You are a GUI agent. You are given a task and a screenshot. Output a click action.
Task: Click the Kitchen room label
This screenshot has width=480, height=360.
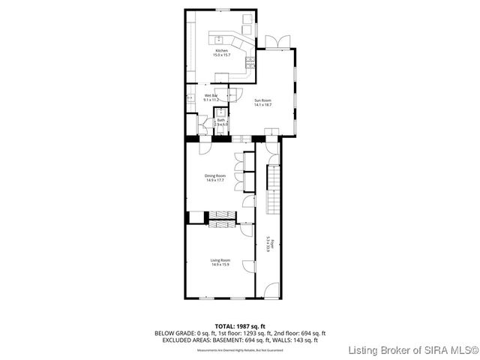coord(221,51)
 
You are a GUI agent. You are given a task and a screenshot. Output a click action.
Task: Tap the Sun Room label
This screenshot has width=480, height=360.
coord(262,100)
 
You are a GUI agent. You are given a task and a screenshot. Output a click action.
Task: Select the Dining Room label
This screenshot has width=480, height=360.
coord(215,175)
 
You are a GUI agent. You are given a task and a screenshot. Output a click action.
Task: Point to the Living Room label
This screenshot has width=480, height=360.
coord(220,260)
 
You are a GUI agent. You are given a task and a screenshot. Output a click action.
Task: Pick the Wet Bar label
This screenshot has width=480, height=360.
coord(210,95)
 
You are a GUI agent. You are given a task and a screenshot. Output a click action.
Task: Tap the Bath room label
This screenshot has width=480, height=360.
coord(221,120)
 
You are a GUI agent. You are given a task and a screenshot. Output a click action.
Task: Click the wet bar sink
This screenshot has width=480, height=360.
coord(190,98)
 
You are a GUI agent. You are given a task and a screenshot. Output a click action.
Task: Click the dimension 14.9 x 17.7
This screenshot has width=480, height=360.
coord(215,180)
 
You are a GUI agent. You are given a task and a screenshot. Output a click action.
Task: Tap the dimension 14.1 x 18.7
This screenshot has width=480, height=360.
coord(262,105)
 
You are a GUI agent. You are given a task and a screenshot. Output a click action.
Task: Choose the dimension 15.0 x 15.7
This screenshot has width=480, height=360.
coord(221,55)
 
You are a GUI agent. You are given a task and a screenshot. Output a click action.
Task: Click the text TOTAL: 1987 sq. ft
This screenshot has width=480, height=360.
coord(239,326)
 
